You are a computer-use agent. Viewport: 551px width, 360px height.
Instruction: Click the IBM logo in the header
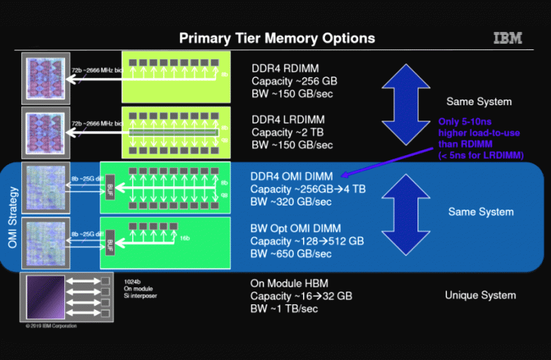point(507,38)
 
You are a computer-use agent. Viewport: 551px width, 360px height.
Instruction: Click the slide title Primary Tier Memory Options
point(277,38)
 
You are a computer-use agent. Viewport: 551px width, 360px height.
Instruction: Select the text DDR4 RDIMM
point(285,68)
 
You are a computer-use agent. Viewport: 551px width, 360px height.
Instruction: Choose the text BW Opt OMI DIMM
point(295,229)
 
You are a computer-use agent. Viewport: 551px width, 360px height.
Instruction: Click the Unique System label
point(480,295)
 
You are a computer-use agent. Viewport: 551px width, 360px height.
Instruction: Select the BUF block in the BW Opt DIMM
point(109,244)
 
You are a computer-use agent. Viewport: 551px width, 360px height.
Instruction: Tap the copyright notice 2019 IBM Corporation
point(51,326)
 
